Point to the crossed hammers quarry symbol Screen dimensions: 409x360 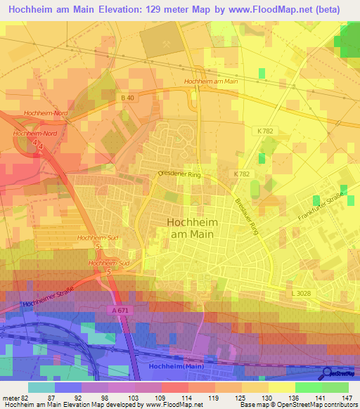click(x=167, y=43)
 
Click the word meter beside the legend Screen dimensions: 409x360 click(x=8, y=397)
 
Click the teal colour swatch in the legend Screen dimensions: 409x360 click(x=41, y=387)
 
